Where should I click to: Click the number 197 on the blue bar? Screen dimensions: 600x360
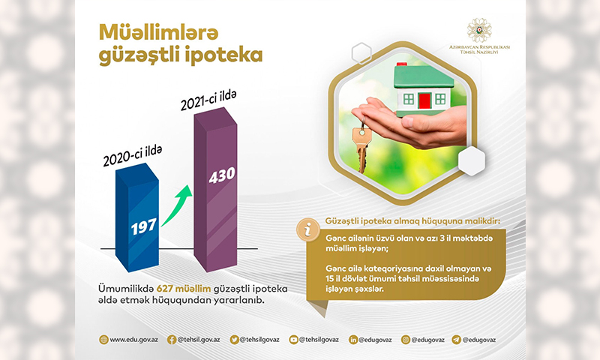tap(144, 226)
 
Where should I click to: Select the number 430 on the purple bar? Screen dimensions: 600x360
tap(222, 175)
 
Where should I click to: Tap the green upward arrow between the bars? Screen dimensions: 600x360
tap(175, 205)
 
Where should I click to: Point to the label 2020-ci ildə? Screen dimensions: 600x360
tap(133, 156)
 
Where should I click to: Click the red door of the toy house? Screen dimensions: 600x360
tap(424, 101)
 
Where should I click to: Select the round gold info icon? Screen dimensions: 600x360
tap(307, 230)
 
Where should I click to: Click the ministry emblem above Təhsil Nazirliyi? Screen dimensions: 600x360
tap(479, 30)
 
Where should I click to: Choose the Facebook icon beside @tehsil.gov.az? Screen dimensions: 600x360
tap(172, 340)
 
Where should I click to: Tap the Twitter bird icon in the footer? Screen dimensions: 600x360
tap(235, 340)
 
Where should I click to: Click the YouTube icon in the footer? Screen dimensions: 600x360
tap(293, 340)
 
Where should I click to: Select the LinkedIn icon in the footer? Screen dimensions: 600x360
tap(353, 340)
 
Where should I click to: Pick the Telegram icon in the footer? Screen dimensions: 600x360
tap(457, 340)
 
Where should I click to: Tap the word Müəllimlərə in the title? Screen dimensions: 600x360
tap(159, 32)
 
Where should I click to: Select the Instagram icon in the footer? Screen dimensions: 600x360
tap(406, 340)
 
